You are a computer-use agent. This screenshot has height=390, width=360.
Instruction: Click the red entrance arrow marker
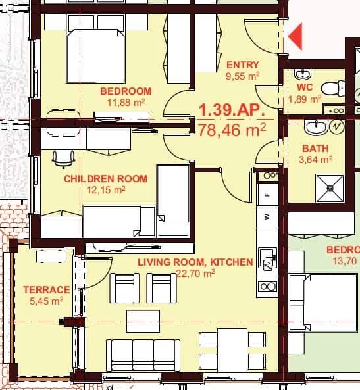click(x=296, y=36)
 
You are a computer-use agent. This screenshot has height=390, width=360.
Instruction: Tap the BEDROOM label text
click(x=126, y=91)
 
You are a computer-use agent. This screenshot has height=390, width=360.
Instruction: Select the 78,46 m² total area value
click(x=232, y=130)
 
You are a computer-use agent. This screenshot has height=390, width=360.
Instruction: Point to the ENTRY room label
click(x=243, y=64)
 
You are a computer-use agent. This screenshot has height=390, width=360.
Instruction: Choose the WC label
click(x=304, y=87)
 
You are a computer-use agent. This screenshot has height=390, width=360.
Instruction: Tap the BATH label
click(x=315, y=149)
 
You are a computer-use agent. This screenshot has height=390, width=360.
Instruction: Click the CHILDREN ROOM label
click(x=105, y=178)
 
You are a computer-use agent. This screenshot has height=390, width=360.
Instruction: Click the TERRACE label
click(x=46, y=289)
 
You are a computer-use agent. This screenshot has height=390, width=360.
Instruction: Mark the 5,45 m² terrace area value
click(x=47, y=301)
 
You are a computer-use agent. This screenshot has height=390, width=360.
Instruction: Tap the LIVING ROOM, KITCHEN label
click(x=195, y=262)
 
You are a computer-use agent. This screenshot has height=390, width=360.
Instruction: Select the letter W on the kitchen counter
click(x=267, y=216)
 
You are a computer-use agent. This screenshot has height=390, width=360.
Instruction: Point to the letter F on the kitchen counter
click(x=267, y=195)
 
